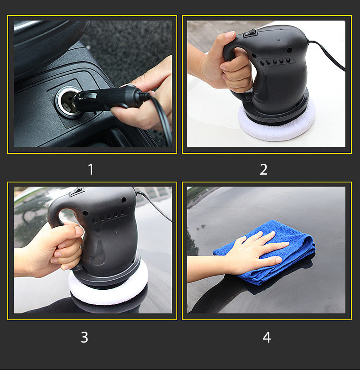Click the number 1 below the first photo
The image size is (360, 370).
pyautogui.click(x=91, y=169)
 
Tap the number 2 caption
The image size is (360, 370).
pyautogui.click(x=263, y=169)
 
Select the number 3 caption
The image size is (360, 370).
pyautogui.click(x=84, y=337)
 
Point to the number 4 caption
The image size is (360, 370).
pyautogui.click(x=267, y=337)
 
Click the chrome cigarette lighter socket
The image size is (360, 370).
pyautogui.click(x=67, y=102)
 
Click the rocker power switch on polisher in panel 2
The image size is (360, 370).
pyautogui.click(x=250, y=33)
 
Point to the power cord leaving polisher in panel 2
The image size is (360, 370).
pyautogui.click(x=327, y=54)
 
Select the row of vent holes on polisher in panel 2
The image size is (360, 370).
pyautogui.click(x=275, y=62)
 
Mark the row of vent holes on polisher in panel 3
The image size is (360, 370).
pyautogui.click(x=108, y=216)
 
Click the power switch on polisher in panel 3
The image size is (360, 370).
pyautogui.click(x=76, y=192)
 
